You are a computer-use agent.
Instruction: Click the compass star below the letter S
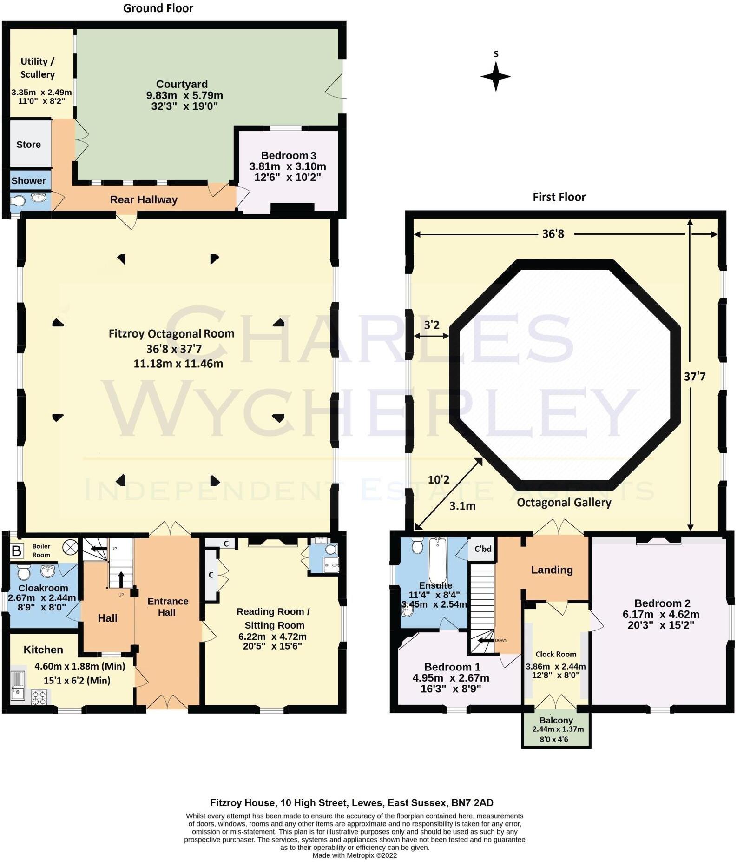pos(495,76)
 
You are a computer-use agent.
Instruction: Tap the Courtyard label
pos(182,84)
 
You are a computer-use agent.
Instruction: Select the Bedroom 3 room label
pos(288,155)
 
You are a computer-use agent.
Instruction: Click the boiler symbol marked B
pos(17,551)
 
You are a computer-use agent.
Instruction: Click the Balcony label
pos(556,720)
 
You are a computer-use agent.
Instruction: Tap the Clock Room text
pos(555,654)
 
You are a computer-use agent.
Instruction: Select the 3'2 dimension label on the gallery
pos(431,325)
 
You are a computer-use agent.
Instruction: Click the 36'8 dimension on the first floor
pos(553,234)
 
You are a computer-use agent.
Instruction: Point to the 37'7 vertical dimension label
pos(694,377)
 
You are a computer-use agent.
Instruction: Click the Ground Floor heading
pos(158,8)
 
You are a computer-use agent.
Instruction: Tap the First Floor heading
pos(559,197)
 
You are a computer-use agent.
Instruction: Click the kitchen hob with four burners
pos(39,696)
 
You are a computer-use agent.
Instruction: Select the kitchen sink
pos(19,685)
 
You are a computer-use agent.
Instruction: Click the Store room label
pos(28,145)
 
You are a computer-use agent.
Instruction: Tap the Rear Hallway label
pos(144,200)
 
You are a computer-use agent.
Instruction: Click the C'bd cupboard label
pos(483,549)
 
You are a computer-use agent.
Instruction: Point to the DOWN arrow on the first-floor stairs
pos(486,640)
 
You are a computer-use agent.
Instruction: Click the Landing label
pos(552,570)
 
